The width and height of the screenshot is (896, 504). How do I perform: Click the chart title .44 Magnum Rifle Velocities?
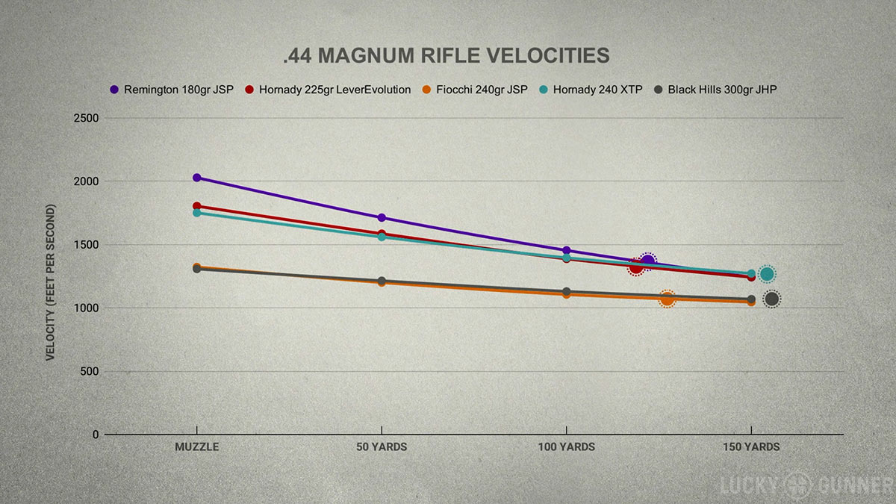(x=447, y=56)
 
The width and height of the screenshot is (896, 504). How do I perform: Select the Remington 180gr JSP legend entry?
(x=172, y=90)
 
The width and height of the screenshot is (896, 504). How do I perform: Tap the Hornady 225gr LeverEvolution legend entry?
(x=328, y=90)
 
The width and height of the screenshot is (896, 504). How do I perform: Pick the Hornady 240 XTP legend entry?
(x=591, y=90)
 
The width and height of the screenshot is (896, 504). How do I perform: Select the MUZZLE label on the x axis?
(x=196, y=447)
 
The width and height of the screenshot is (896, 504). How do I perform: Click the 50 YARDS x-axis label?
(x=382, y=447)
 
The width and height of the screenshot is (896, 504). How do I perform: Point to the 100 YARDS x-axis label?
(x=566, y=447)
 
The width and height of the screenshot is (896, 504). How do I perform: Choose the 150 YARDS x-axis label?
(x=751, y=447)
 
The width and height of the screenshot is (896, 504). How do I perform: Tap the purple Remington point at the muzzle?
(x=197, y=178)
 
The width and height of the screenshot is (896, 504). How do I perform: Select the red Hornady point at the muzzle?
(x=197, y=206)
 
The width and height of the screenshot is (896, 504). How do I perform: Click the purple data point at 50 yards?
(x=382, y=218)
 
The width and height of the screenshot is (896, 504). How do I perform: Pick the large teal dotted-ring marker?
(x=767, y=274)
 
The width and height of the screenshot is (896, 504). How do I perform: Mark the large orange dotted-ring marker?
(x=667, y=299)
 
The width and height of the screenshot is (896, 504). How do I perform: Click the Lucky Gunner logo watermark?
(x=806, y=485)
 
